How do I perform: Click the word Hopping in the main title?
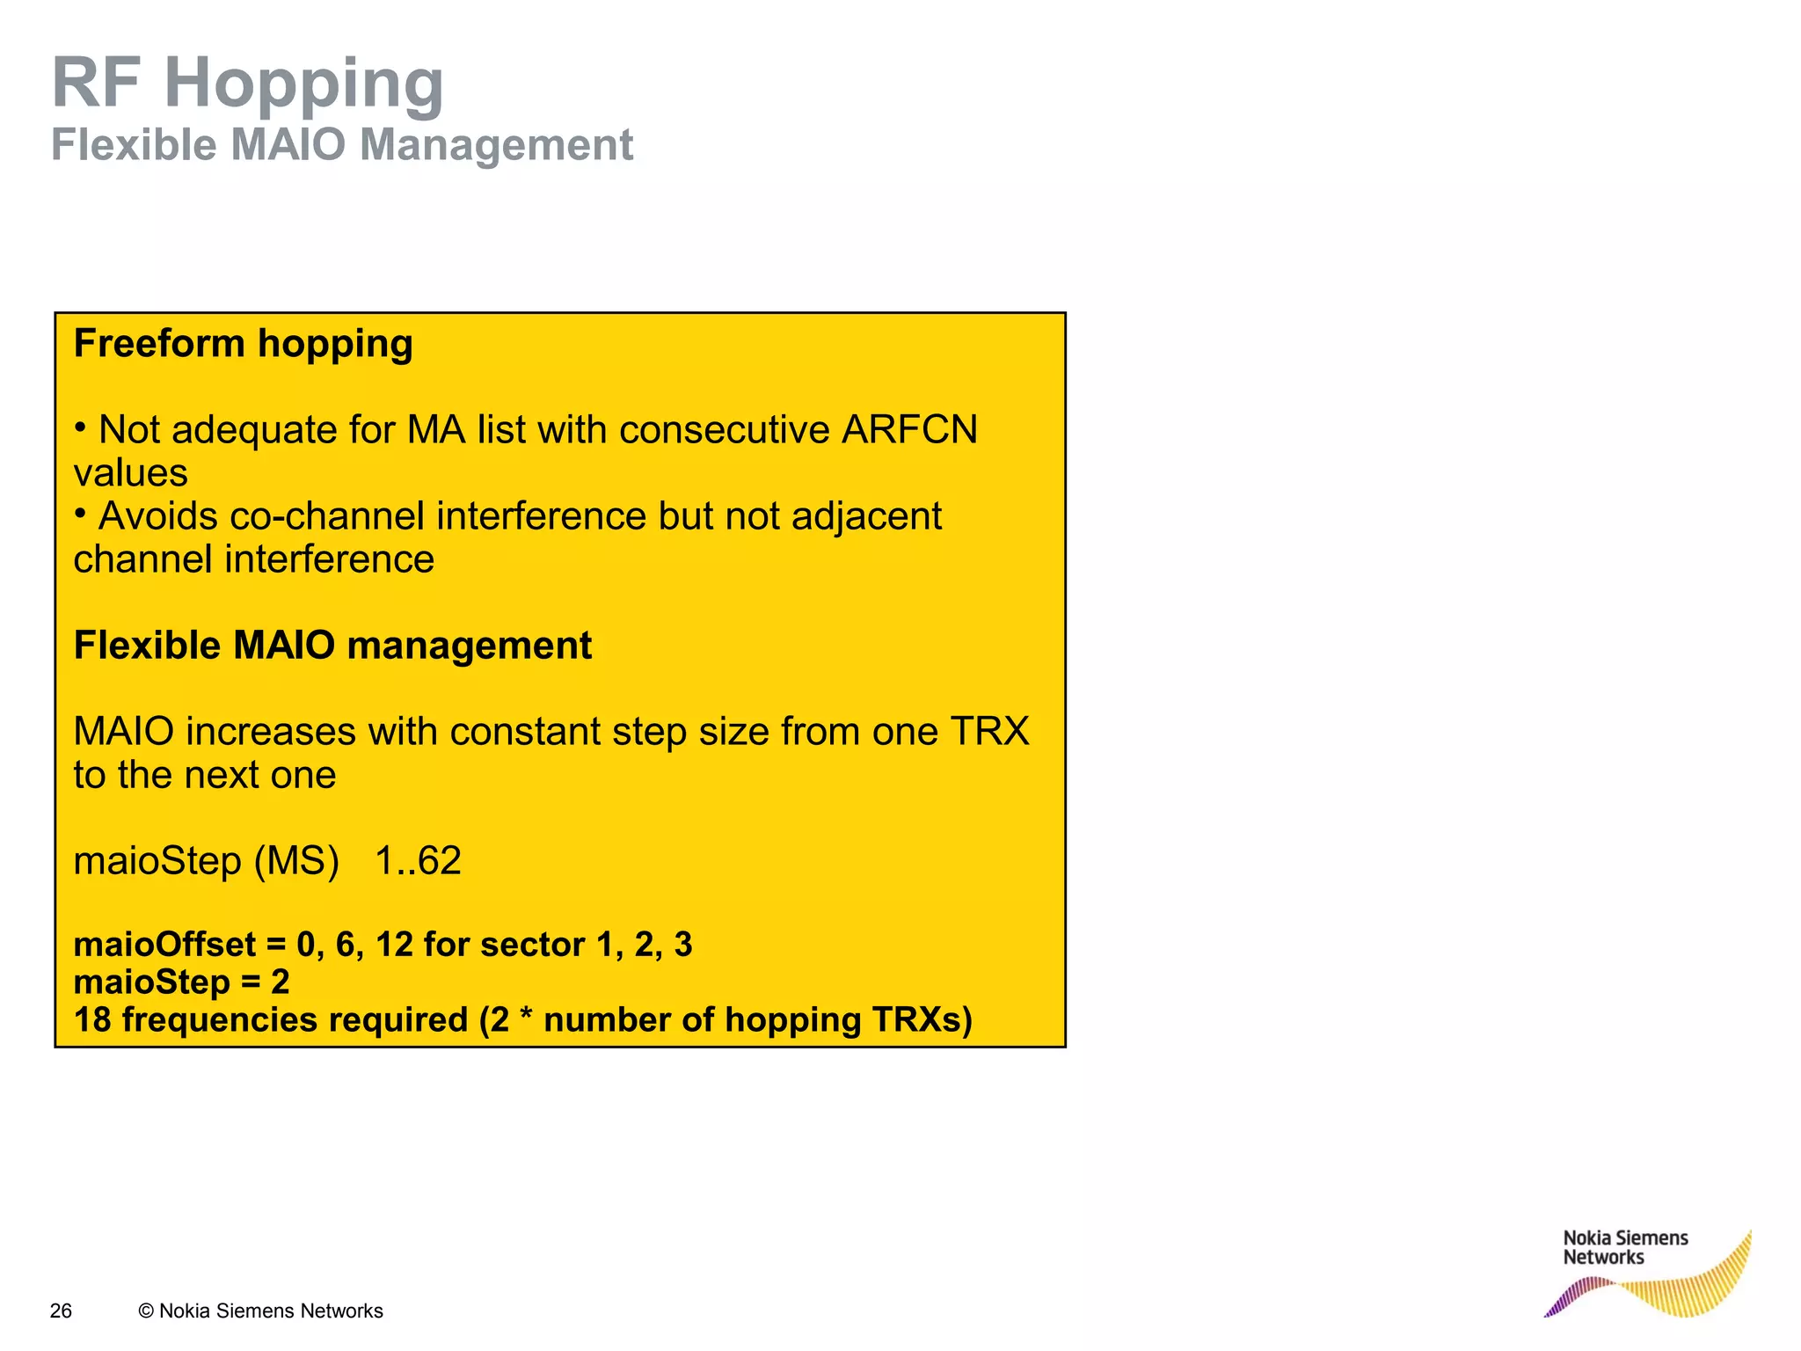click(x=303, y=84)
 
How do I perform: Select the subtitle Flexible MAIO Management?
click(x=341, y=144)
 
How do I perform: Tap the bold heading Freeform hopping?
click(x=243, y=343)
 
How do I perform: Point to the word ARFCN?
click(x=909, y=430)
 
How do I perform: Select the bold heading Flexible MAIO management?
click(x=332, y=646)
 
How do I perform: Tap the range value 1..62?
click(x=418, y=861)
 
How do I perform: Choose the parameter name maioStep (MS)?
click(x=206, y=861)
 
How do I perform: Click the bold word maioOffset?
click(x=164, y=945)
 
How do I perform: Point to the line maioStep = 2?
click(x=181, y=982)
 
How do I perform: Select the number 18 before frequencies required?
click(x=92, y=1020)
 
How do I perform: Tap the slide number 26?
click(x=61, y=1311)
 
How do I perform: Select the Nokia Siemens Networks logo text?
click(x=1624, y=1247)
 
